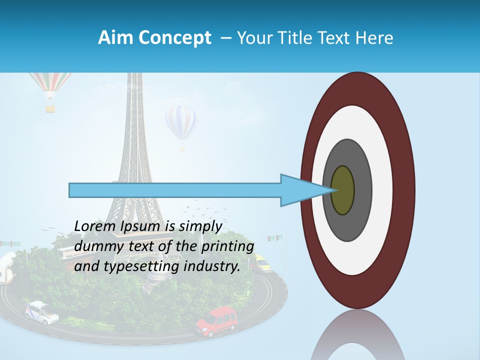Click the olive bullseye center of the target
click(x=343, y=190)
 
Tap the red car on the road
click(x=217, y=321)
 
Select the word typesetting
click(x=134, y=266)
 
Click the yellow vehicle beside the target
click(x=261, y=263)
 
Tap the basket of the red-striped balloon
click(x=50, y=107)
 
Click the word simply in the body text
click(x=200, y=226)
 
